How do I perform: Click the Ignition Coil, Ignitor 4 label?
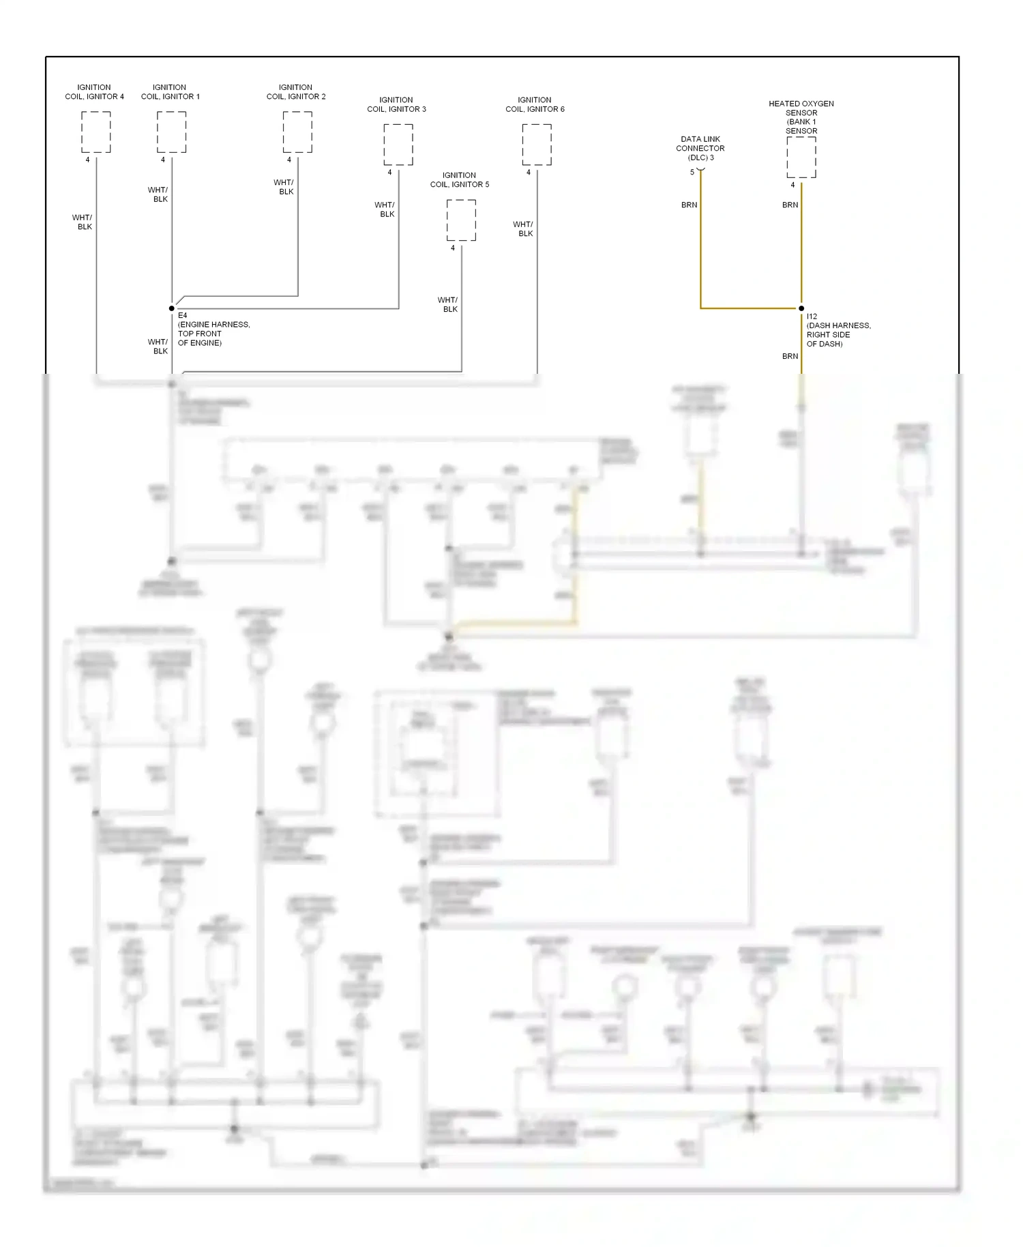coord(94,92)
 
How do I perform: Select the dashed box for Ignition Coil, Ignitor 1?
coord(171,132)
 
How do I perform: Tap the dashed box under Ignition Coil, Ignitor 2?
coord(297,132)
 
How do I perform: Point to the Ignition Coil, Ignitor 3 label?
coord(396,104)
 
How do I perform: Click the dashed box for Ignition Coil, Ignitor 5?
coord(461,220)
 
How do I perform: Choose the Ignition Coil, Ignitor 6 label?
coord(535,104)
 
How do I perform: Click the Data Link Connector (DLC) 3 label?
coord(700,148)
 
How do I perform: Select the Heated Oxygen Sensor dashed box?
coord(801,157)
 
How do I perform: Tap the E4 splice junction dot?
coord(171,308)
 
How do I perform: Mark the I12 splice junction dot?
coord(801,308)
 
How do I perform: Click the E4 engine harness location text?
coord(213,329)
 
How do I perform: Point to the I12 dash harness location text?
coord(838,330)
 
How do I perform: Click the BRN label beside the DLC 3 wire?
coord(689,205)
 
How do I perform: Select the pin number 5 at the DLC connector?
coord(692,172)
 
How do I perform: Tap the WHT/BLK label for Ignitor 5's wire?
coord(447,304)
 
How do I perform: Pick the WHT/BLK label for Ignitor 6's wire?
coord(523,229)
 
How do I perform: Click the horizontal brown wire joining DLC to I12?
coord(750,308)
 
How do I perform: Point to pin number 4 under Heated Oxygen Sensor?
coord(792,185)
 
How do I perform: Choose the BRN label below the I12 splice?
coord(790,356)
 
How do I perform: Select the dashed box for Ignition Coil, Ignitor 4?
coord(96,132)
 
